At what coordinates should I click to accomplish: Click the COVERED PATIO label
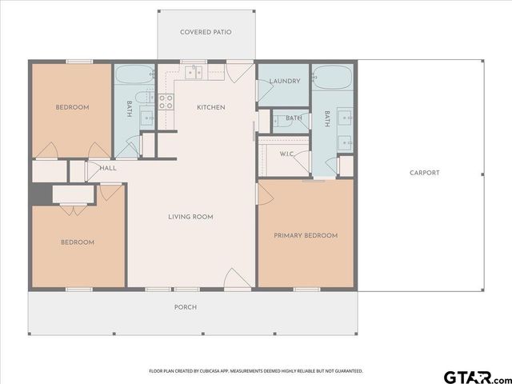[x=206, y=32]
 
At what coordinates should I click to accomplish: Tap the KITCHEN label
[x=211, y=107]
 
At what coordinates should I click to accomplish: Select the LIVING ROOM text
[x=190, y=217]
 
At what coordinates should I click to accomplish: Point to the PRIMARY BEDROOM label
[x=306, y=235]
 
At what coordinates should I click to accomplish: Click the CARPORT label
[x=424, y=173]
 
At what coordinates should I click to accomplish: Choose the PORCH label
[x=186, y=307]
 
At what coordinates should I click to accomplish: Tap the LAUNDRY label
[x=284, y=82]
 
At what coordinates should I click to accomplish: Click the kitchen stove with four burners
[x=166, y=102]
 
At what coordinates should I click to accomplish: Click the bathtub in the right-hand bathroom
[x=332, y=76]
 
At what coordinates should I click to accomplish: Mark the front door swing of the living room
[x=237, y=278]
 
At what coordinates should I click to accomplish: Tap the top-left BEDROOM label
[x=72, y=107]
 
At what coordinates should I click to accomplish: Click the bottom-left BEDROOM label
[x=78, y=242]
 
